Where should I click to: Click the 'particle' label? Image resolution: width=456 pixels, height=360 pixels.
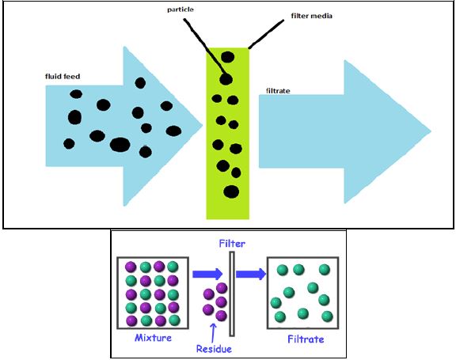[x=180, y=9]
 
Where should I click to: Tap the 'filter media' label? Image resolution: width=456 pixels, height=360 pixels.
[x=311, y=16]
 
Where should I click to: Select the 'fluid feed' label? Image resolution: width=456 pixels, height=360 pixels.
[x=63, y=77]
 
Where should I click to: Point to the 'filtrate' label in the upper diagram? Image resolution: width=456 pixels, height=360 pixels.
[x=278, y=91]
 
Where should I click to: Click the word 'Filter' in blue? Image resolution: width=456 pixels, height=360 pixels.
[x=232, y=244]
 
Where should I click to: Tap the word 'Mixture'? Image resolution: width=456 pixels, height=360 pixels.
[x=153, y=338]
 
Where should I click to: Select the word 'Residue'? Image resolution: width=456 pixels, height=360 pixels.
[x=214, y=349]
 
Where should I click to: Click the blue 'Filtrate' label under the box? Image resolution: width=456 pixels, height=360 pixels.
[x=306, y=339]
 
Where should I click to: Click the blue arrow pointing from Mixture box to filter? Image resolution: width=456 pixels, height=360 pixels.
[x=207, y=274]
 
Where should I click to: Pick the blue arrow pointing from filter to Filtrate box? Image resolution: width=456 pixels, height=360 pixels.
[x=251, y=274]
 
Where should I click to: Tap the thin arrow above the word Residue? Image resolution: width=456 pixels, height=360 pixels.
[x=213, y=333]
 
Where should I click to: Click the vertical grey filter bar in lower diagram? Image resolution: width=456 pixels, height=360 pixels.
[x=232, y=294]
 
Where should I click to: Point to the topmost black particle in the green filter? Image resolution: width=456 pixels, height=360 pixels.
[x=227, y=57]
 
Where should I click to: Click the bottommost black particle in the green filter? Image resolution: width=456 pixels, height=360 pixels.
[x=231, y=191]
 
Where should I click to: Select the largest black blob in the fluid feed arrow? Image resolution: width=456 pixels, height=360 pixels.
[x=120, y=145]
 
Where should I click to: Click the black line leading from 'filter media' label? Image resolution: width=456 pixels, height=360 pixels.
[x=266, y=34]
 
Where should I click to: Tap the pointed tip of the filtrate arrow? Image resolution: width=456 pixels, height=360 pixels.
[x=431, y=131]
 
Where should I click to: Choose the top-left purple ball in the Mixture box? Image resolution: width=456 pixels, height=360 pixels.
[x=131, y=267]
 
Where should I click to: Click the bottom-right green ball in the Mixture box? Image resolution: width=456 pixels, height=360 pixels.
[x=174, y=320]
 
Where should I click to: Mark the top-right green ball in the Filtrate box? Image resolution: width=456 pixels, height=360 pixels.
[x=325, y=269]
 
